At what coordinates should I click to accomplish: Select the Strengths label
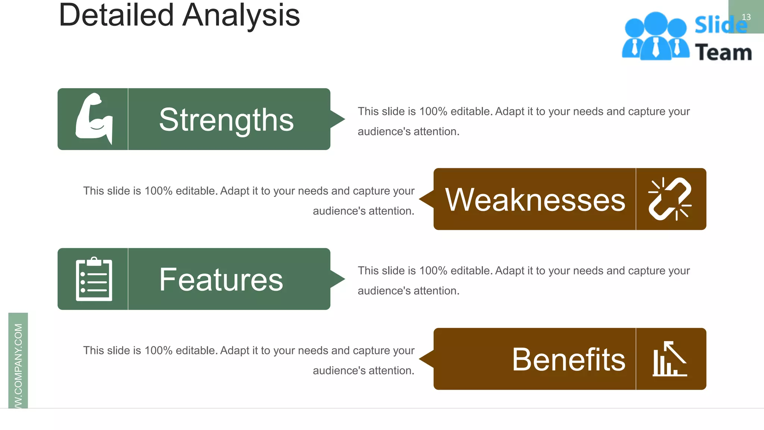click(226, 120)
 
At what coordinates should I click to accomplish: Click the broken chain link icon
click(670, 199)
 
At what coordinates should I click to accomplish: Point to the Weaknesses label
click(535, 200)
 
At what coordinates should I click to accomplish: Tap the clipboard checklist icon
click(94, 279)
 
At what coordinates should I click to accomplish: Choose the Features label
click(221, 280)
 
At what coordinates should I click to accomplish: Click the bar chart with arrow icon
click(670, 359)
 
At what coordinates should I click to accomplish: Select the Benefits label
click(569, 359)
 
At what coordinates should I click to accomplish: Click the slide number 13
click(746, 17)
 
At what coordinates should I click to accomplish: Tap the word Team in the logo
click(723, 52)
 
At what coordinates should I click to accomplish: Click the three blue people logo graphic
click(655, 37)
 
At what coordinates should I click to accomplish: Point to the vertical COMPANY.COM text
click(18, 364)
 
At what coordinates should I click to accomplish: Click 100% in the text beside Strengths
click(433, 111)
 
